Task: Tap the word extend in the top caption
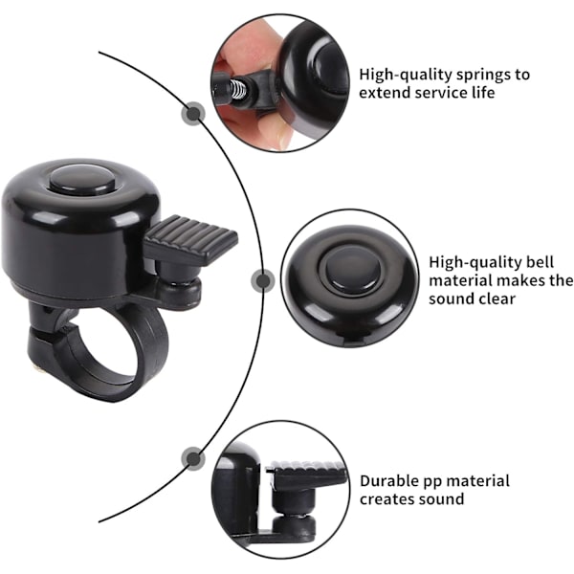(385, 92)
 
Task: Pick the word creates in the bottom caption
(386, 499)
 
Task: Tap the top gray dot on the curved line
(193, 114)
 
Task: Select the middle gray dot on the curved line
(263, 280)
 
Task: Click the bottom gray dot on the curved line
(193, 458)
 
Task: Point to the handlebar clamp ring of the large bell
(99, 351)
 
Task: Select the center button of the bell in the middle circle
(350, 271)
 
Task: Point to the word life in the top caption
(482, 92)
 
